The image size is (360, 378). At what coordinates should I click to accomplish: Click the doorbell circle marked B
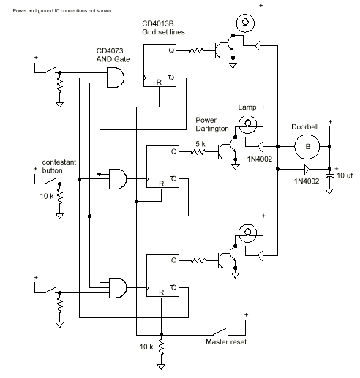coord(307,147)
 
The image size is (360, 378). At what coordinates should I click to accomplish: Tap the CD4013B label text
coord(158,23)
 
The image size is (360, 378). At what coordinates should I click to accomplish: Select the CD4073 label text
coord(110,50)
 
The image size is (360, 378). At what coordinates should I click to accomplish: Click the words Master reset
coord(226,342)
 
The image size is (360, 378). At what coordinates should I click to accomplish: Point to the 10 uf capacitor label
coord(345,175)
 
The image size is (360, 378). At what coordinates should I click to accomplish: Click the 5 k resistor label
coord(200,144)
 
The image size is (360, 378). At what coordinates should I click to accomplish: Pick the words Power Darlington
coord(212,124)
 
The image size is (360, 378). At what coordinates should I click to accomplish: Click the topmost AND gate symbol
coord(116,78)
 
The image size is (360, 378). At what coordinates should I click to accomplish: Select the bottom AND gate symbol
coord(118,288)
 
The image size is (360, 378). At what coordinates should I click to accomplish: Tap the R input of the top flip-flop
coord(159,82)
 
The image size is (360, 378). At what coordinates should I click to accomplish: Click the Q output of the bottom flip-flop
coord(173,260)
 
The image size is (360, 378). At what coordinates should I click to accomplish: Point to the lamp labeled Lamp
coord(247,124)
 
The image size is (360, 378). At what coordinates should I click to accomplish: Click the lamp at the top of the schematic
coord(245,23)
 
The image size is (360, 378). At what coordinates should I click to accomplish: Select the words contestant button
coord(59,166)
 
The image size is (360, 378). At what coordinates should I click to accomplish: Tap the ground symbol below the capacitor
coord(329,192)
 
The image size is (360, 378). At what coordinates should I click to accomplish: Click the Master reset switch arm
coord(220,331)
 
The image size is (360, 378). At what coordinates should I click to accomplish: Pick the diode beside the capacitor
coord(307,169)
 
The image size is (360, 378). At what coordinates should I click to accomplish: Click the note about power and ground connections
coord(62,11)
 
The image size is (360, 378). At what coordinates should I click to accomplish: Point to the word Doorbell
coord(305,127)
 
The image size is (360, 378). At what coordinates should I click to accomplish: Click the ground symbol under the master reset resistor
coord(161,366)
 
